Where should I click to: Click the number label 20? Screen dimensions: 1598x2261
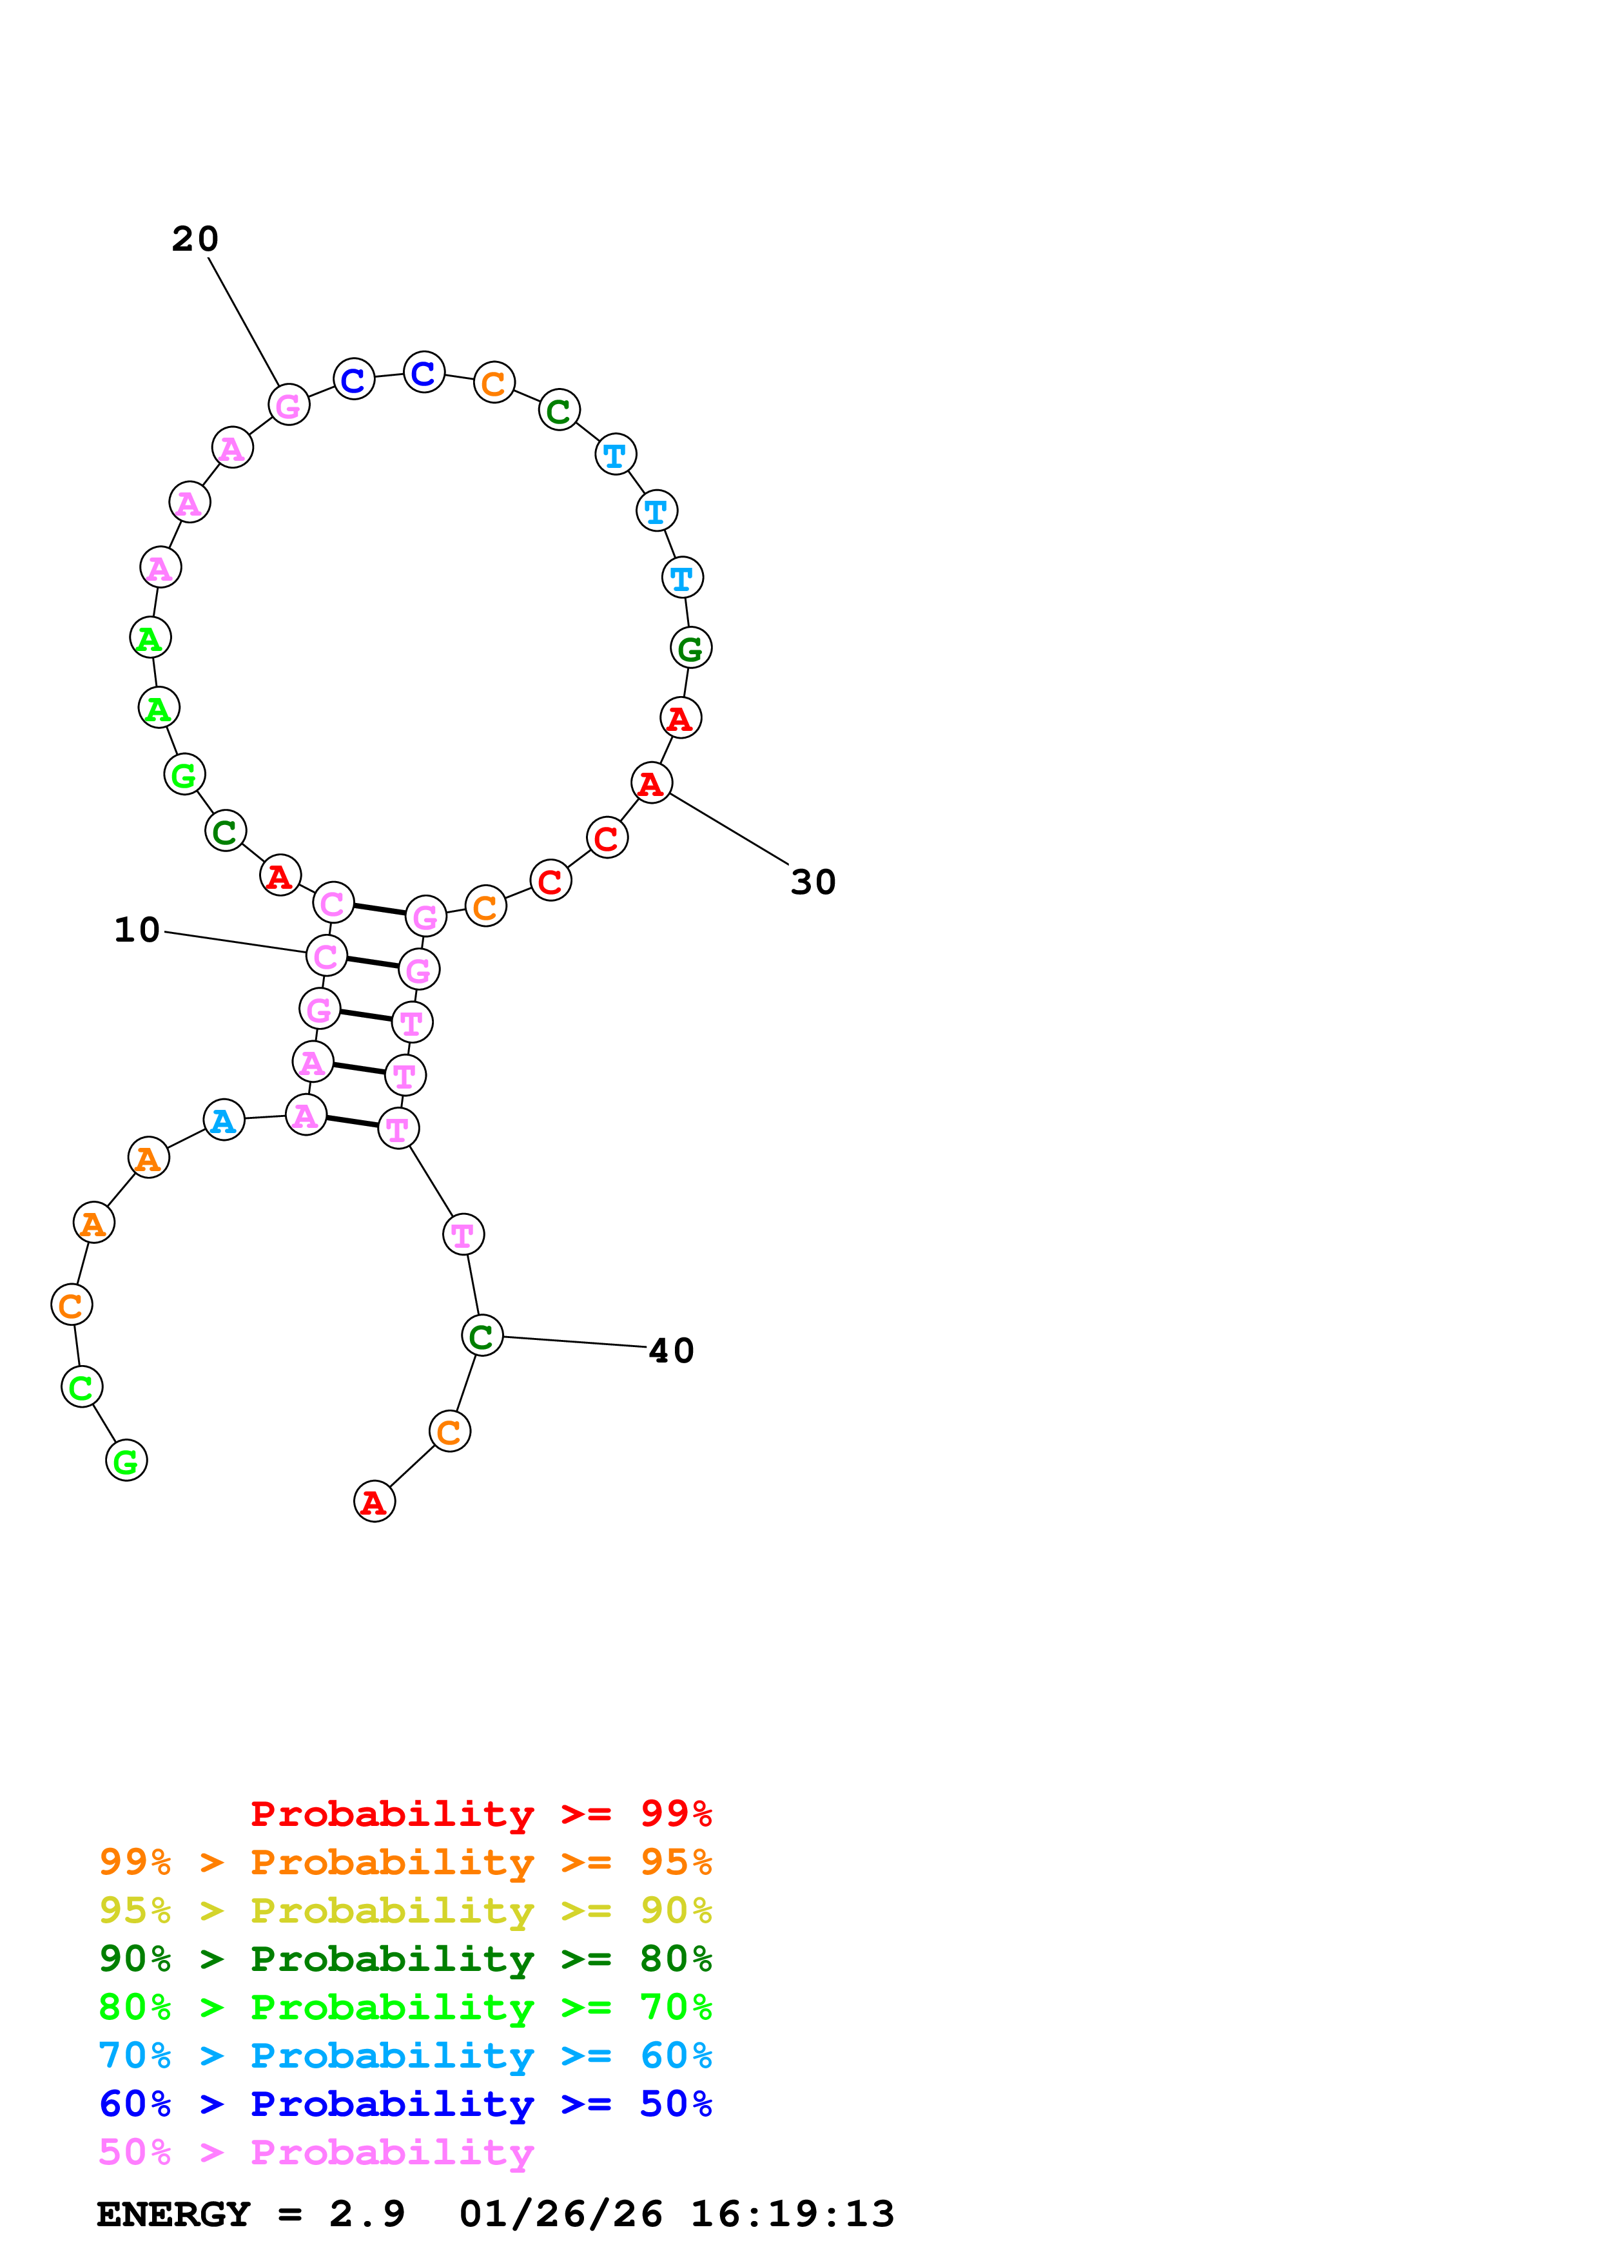click(195, 239)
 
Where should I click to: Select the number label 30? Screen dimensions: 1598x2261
click(814, 882)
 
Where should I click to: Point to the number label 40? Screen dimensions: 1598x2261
click(672, 1351)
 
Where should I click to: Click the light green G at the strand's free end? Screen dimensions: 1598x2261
click(126, 1461)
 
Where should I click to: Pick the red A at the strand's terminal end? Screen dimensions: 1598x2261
click(374, 1502)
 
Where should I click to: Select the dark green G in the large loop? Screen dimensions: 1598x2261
click(690, 648)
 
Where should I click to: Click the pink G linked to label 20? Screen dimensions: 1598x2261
click(289, 405)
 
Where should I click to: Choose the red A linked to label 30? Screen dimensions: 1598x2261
click(651, 783)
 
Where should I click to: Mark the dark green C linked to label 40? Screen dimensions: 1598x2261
click(482, 1336)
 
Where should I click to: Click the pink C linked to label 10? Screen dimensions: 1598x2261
click(326, 955)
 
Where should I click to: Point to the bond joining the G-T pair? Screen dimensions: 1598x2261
click(365, 1015)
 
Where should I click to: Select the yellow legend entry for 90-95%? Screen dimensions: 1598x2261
click(405, 1910)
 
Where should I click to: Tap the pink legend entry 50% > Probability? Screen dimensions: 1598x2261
click(316, 2151)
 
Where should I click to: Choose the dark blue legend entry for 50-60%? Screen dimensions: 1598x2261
click(405, 2104)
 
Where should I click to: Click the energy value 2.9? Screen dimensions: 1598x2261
click(367, 2214)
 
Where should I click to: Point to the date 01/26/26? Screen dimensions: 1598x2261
click(560, 2214)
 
